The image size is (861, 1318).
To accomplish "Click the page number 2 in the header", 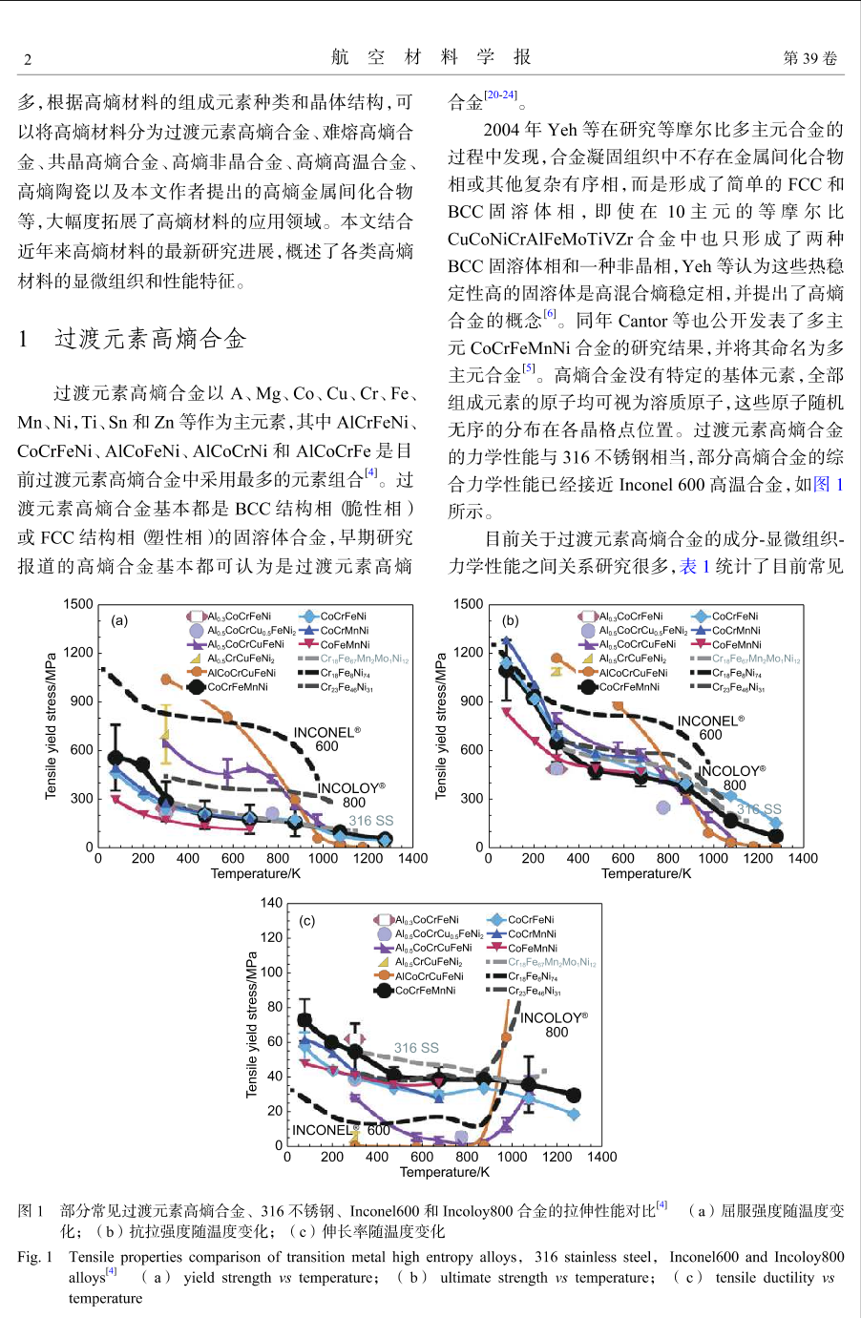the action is (x=28, y=59).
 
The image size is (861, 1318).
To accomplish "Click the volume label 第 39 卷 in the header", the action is (x=809, y=58).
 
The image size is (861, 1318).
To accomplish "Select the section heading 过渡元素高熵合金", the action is (x=150, y=339).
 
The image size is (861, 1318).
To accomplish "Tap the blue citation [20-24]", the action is (x=500, y=94).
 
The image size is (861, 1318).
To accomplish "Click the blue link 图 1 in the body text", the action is (x=828, y=484).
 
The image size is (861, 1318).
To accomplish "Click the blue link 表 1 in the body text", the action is (x=695, y=566).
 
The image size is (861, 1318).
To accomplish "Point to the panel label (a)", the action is (x=119, y=620).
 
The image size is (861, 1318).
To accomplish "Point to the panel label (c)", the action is (x=307, y=921).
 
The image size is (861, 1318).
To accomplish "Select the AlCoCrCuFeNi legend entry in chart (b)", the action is (x=624, y=673).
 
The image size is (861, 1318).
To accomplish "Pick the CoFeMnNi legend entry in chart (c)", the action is (x=522, y=948).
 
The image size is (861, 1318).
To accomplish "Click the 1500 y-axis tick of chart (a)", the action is (x=78, y=604).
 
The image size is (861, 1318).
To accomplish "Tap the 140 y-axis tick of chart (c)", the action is (x=271, y=903).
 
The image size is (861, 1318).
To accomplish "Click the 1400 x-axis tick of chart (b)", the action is (x=803, y=858).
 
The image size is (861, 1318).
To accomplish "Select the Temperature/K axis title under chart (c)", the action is (x=444, y=1171).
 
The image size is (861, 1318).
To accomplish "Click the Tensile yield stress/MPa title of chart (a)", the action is (x=51, y=726).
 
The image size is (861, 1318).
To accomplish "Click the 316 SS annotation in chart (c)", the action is (x=416, y=1047).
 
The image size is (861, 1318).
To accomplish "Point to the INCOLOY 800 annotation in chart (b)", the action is (x=732, y=778).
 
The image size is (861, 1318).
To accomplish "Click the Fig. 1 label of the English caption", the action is (x=34, y=1256).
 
